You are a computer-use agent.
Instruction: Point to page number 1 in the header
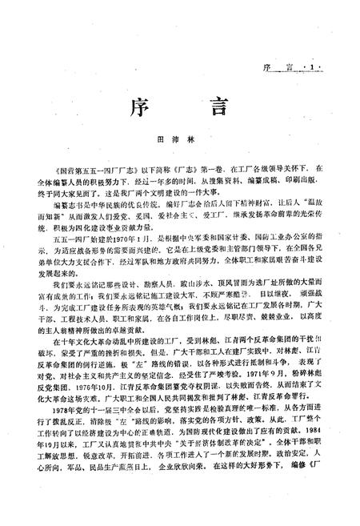pyautogui.click(x=328, y=67)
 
